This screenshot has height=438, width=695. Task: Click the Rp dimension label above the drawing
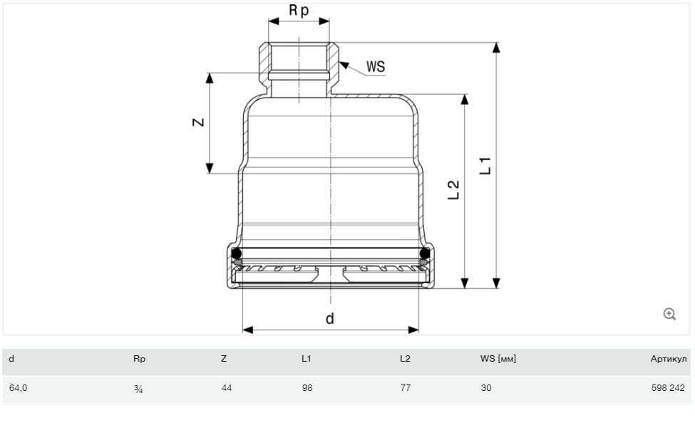pyautogui.click(x=299, y=11)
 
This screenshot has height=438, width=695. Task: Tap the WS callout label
pyautogui.click(x=376, y=67)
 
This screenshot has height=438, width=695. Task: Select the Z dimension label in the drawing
pyautogui.click(x=199, y=122)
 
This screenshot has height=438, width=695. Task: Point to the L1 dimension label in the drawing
pyautogui.click(x=485, y=165)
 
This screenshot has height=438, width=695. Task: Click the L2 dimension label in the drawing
pyautogui.click(x=453, y=190)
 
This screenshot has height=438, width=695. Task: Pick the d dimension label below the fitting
pyautogui.click(x=330, y=318)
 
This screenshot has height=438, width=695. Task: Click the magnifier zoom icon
pyautogui.click(x=669, y=314)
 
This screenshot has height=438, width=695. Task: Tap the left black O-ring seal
pyautogui.click(x=236, y=254)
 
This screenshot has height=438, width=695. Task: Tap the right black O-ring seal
pyautogui.click(x=425, y=254)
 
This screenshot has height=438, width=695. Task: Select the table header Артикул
pyautogui.click(x=669, y=360)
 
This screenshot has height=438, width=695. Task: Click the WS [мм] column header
pyautogui.click(x=498, y=360)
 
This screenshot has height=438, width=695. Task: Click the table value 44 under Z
pyautogui.click(x=227, y=389)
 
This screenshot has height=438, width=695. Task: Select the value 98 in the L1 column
pyautogui.click(x=307, y=389)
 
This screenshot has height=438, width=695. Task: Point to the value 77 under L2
pyautogui.click(x=405, y=389)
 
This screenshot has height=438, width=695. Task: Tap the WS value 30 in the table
pyautogui.click(x=486, y=389)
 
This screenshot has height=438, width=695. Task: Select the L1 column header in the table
pyautogui.click(x=306, y=360)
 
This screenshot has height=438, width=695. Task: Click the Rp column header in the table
pyautogui.click(x=139, y=360)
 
